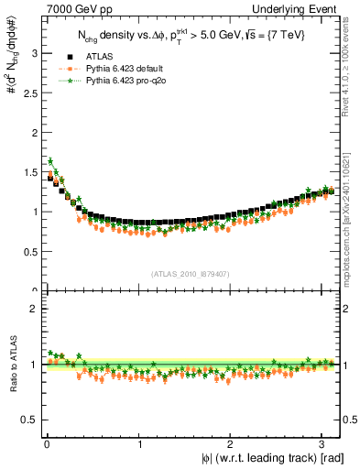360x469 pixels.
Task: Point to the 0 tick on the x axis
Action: click(x=47, y=445)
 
